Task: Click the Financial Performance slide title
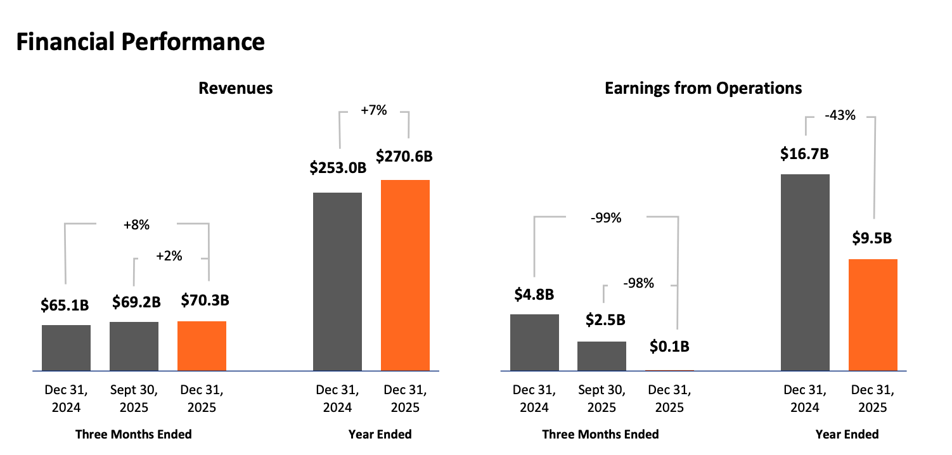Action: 139,42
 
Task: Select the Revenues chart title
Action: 236,88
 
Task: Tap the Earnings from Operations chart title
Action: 704,88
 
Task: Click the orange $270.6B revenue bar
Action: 405,275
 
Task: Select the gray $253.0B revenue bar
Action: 338,281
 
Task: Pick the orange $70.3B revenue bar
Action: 202,345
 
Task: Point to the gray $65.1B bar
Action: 66,347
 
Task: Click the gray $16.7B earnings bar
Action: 805,272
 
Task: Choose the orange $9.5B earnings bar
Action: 873,314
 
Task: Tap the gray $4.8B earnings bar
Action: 534,342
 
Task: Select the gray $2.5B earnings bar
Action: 601,356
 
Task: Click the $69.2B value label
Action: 136,302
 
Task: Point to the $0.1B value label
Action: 669,347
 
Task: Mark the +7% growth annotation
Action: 373,110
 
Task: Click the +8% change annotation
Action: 136,225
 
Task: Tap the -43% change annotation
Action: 840,115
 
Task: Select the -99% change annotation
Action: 605,219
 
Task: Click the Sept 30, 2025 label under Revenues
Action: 134,398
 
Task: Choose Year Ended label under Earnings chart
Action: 847,434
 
